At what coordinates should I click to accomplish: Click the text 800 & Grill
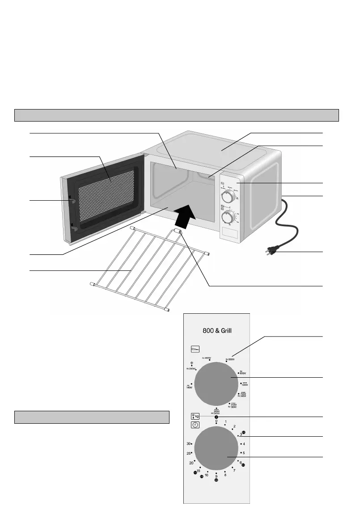[x=216, y=330]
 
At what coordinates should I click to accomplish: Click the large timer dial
[x=216, y=453]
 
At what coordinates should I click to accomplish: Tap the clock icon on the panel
[x=195, y=425]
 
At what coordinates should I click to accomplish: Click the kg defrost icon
[x=195, y=416]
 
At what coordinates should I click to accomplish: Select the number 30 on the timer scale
[x=189, y=444]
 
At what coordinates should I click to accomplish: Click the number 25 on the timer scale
[x=189, y=453]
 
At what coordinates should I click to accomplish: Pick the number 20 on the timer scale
[x=191, y=463]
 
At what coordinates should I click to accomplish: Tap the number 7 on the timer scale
[x=234, y=471]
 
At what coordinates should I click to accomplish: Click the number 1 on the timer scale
[x=226, y=422]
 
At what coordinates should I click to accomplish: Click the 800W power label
[x=244, y=373]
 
